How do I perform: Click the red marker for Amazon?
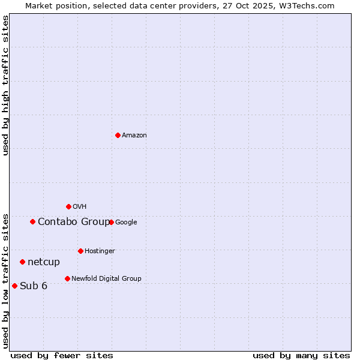pyautogui.click(x=118, y=135)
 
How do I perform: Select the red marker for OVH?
pyautogui.click(x=68, y=206)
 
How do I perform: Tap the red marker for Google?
pyautogui.click(x=111, y=222)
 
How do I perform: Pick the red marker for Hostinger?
pyautogui.click(x=80, y=251)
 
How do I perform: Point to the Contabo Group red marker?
pyautogui.click(x=32, y=221)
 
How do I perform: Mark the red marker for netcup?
pyautogui.click(x=22, y=262)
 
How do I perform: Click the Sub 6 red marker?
pyautogui.click(x=14, y=286)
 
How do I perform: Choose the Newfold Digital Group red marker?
pyautogui.click(x=67, y=278)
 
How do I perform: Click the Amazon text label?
pyautogui.click(x=134, y=136)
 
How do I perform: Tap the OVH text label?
pyautogui.click(x=80, y=207)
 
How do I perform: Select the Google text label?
pyautogui.click(x=126, y=223)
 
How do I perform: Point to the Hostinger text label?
pyautogui.click(x=100, y=251)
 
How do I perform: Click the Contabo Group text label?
pyautogui.click(x=74, y=222)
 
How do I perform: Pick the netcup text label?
pyautogui.click(x=44, y=262)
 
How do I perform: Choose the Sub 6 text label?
pyautogui.click(x=34, y=286)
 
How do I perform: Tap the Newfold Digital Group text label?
pyautogui.click(x=106, y=279)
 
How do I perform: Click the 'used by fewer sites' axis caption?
pyautogui.click(x=62, y=355)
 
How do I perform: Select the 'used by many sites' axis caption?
pyautogui.click(x=301, y=355)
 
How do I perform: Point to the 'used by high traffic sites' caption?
pyautogui.click(x=5, y=85)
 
